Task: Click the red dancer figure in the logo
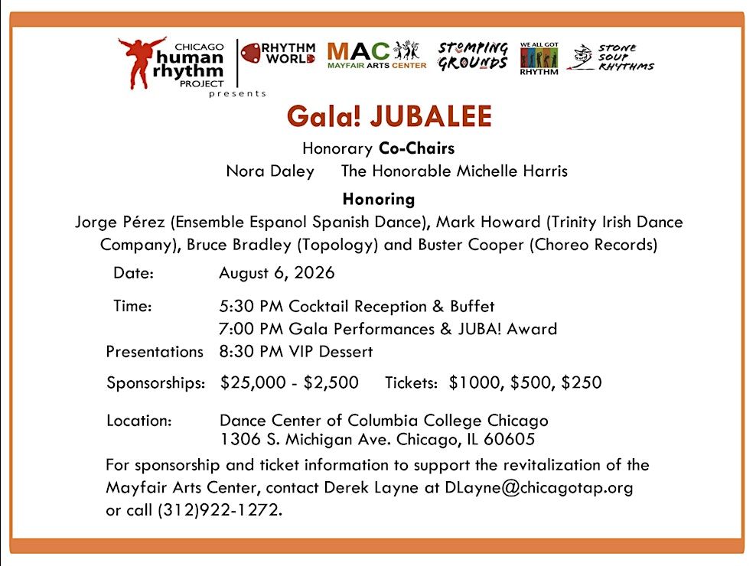(142, 61)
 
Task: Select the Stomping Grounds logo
(472, 57)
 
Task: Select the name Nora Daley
(270, 171)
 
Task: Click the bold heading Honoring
(378, 200)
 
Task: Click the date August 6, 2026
(276, 273)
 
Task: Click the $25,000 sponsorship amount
(249, 382)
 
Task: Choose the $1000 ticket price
(471, 382)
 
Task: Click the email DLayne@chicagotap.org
(539, 488)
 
